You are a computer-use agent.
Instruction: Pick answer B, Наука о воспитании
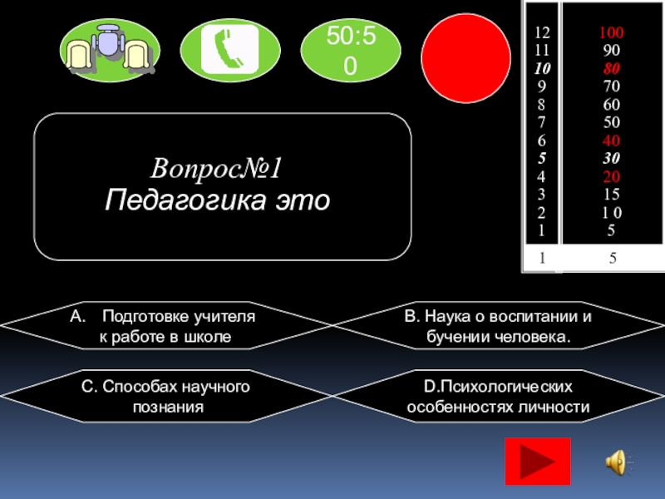498,327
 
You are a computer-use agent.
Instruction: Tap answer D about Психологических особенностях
498,397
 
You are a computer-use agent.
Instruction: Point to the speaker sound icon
618,461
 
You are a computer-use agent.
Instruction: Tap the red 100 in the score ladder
612,34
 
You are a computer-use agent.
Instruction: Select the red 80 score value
612,69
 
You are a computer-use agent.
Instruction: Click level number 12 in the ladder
542,34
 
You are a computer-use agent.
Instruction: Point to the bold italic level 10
542,69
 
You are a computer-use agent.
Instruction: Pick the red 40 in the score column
612,141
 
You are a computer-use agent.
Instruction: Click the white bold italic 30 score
612,158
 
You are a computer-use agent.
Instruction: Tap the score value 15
612,194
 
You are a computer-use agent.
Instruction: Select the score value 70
612,86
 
